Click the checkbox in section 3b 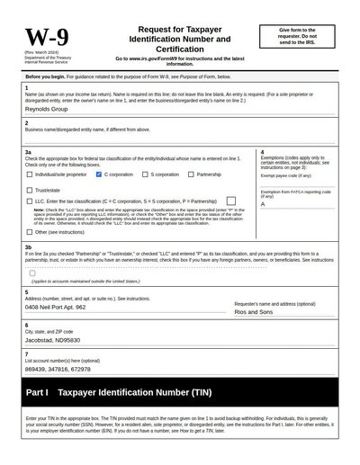[32, 273]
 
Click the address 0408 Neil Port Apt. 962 [56, 307]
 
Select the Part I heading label [37, 393]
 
